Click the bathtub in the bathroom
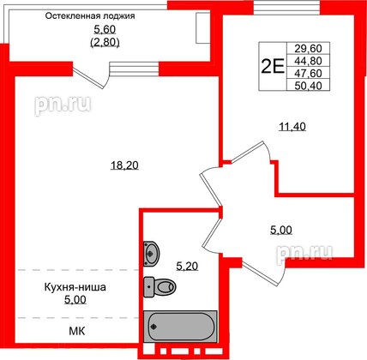(182, 328)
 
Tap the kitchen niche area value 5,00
(57, 301)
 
